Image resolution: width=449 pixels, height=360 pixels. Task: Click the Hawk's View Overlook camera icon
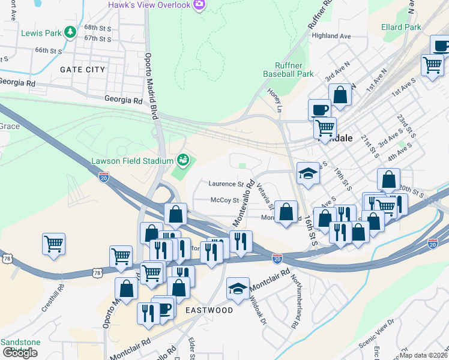[x=199, y=5]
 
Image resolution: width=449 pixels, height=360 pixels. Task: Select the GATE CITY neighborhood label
[x=82, y=70]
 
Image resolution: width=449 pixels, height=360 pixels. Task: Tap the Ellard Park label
[x=400, y=27]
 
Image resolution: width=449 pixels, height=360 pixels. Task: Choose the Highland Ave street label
[x=331, y=36]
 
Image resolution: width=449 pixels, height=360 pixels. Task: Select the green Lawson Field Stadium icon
[x=182, y=160]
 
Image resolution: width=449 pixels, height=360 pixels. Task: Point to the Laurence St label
[x=226, y=184]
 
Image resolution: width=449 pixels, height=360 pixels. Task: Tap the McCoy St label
[x=225, y=200]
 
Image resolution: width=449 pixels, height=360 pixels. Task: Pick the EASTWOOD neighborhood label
[x=209, y=310]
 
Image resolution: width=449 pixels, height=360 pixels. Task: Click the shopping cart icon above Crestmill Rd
[x=54, y=244]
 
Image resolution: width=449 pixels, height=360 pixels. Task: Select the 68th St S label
[x=98, y=28]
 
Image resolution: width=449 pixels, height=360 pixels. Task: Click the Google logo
[x=20, y=353]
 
